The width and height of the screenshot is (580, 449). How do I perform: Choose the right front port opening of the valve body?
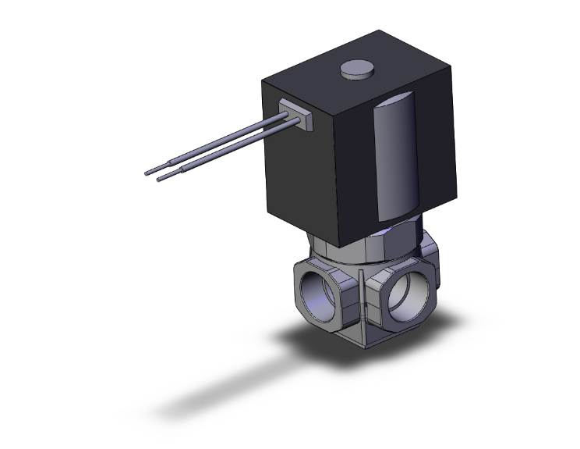(405, 297)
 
